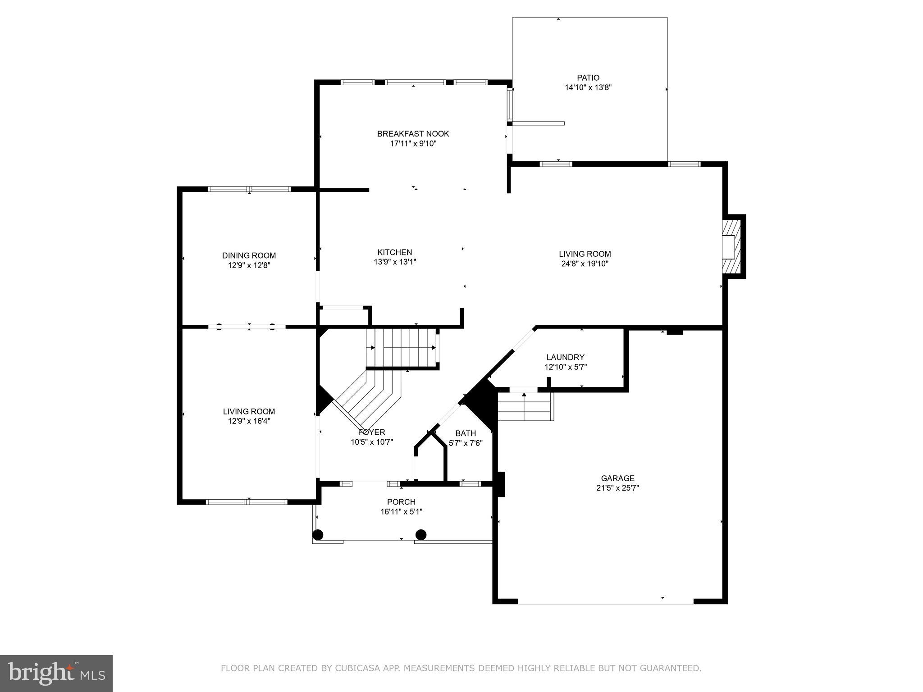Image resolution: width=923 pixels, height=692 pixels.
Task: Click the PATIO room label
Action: point(588,77)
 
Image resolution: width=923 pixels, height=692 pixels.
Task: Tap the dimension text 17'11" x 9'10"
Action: point(413,144)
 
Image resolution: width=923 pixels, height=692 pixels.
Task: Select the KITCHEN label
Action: point(394,252)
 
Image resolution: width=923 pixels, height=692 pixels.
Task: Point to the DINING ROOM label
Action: point(249,255)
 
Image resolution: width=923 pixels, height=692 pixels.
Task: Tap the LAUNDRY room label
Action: point(565,357)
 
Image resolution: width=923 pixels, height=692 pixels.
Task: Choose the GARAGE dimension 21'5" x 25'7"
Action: point(617,488)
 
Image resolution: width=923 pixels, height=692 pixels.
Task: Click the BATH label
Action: point(466,433)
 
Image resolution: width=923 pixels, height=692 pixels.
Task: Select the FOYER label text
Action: point(371,432)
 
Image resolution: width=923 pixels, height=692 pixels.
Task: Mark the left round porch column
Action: point(318,535)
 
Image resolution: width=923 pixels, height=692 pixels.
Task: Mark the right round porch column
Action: point(421,535)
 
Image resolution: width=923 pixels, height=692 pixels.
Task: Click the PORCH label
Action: point(401,502)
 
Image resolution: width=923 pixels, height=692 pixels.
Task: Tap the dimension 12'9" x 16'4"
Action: point(249,421)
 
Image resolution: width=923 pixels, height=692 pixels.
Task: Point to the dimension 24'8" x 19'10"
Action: point(585,264)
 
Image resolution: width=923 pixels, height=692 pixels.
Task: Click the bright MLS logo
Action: point(56,674)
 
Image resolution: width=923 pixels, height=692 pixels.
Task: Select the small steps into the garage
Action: point(525,406)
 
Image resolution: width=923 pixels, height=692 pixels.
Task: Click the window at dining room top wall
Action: point(249,189)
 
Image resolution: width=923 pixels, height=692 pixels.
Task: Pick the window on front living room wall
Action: point(247,501)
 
